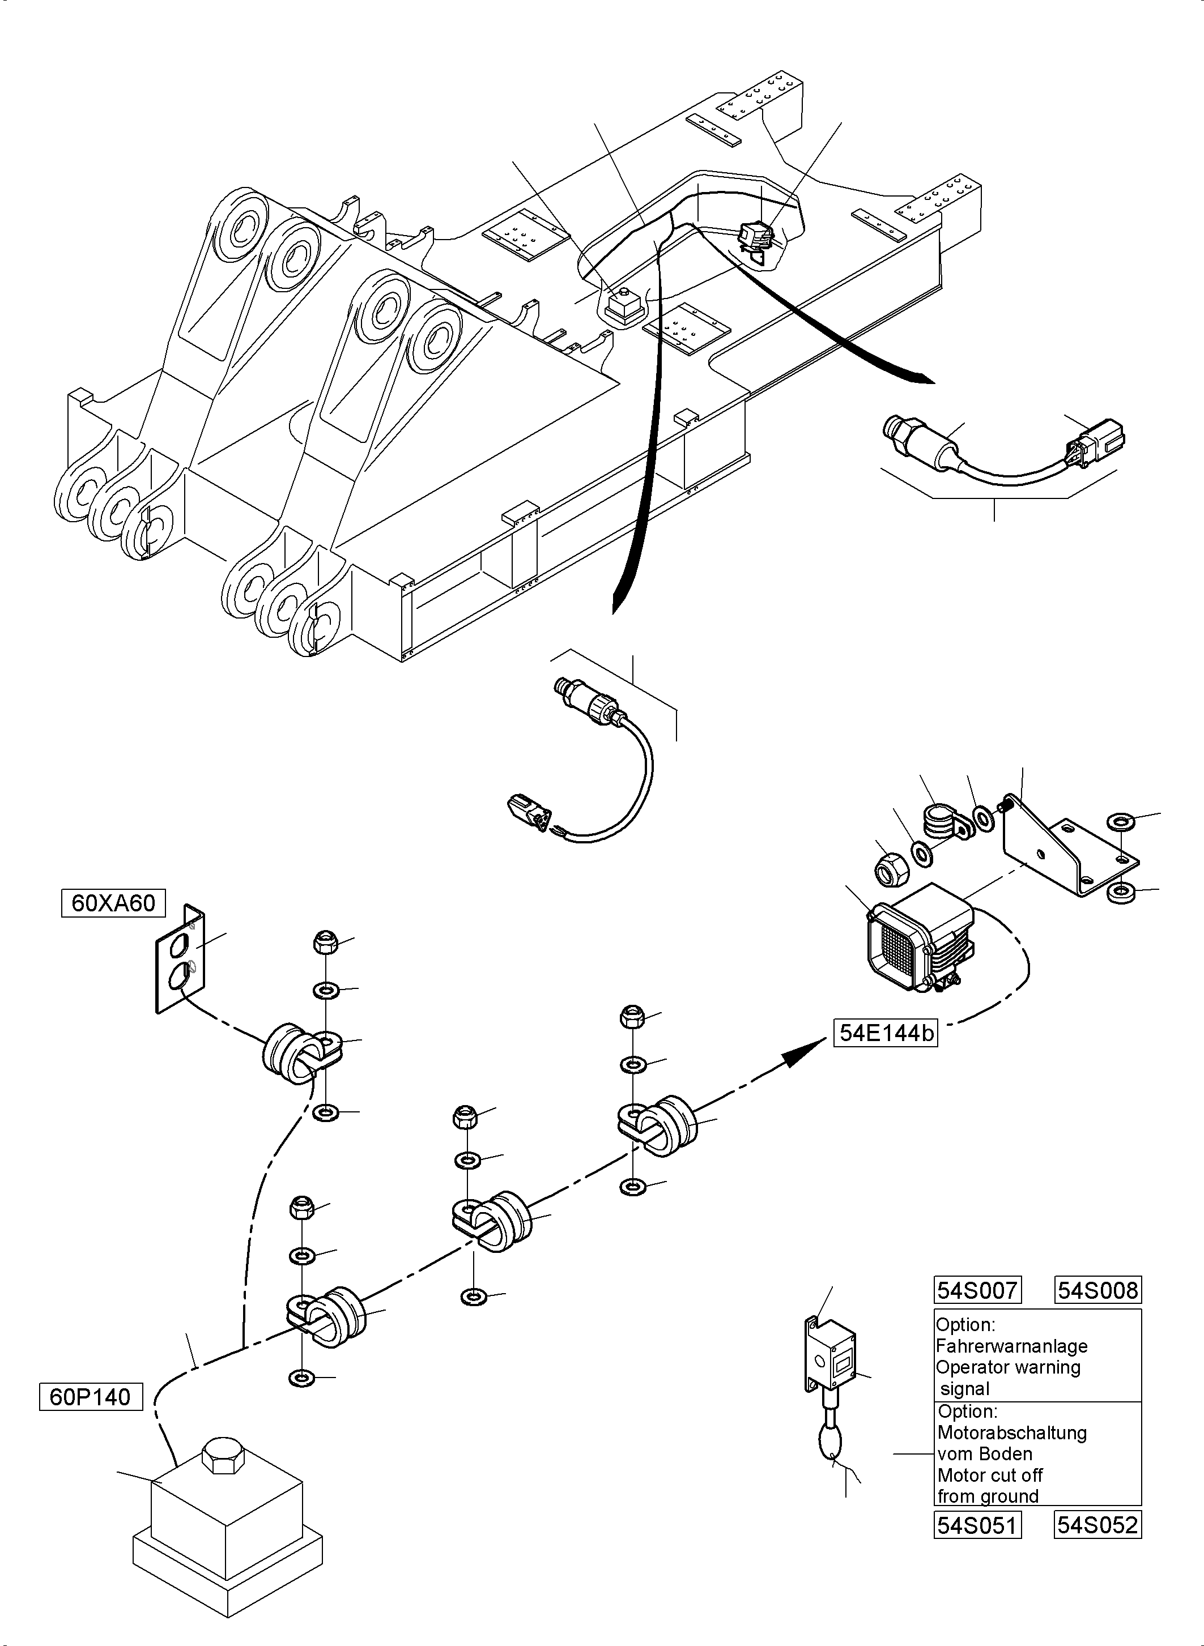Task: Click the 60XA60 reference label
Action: tap(113, 903)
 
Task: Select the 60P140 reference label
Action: tap(91, 1397)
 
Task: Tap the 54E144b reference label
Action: tap(886, 1033)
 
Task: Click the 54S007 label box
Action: tap(977, 1290)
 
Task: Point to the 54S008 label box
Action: tap(1097, 1290)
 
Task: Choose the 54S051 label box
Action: tap(977, 1525)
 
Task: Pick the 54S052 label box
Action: tap(1097, 1525)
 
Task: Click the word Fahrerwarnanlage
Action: tap(1011, 1346)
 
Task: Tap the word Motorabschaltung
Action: tap(1011, 1432)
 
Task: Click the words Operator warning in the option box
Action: tap(1007, 1367)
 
